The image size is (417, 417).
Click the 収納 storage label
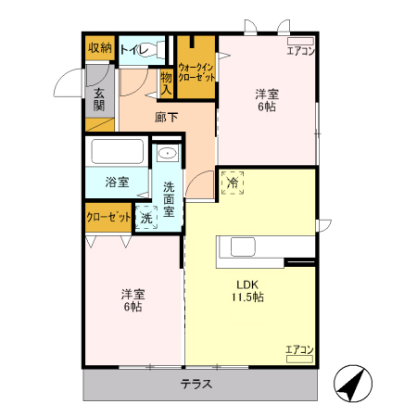(100, 48)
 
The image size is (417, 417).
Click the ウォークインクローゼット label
(196, 71)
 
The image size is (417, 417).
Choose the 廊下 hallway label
(167, 117)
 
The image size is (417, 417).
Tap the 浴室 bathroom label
(116, 182)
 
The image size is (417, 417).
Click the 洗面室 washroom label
(169, 197)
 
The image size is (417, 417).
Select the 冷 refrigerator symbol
(233, 183)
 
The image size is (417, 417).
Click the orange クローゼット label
(107, 217)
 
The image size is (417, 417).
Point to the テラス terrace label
(196, 385)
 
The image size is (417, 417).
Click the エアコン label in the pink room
(300, 51)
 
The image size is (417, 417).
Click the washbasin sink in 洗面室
(168, 154)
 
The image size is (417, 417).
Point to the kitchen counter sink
(244, 247)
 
